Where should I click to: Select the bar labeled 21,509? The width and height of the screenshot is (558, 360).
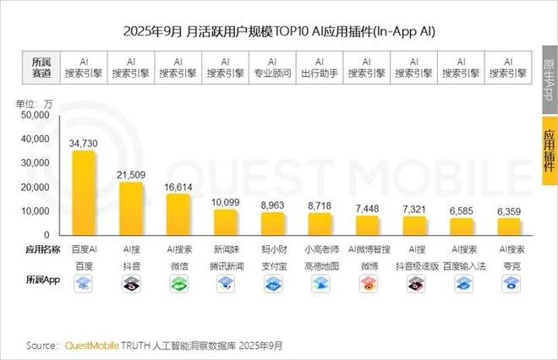point(131,208)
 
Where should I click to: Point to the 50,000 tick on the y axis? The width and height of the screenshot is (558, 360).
point(36,114)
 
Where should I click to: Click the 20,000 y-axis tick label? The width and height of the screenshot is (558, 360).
point(36,187)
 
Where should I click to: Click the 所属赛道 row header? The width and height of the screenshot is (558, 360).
point(41,68)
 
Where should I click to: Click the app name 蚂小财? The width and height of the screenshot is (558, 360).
point(272,251)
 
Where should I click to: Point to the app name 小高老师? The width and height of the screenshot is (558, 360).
point(320,251)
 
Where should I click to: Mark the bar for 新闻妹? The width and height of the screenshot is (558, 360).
point(225,221)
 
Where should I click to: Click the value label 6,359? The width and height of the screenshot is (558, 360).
point(508,210)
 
